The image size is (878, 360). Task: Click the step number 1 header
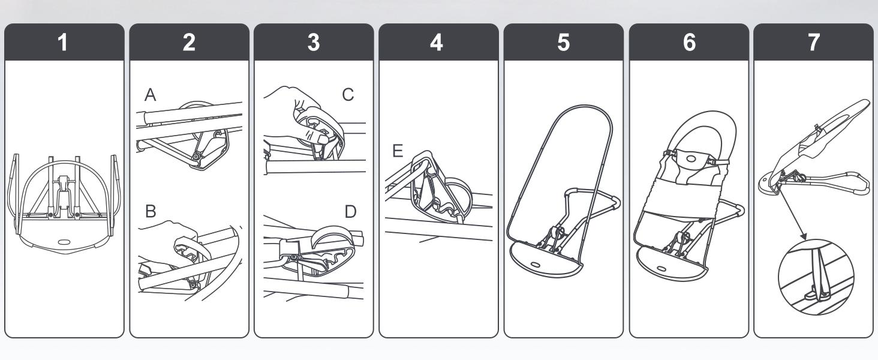click(x=63, y=43)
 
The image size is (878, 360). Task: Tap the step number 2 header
click(x=189, y=43)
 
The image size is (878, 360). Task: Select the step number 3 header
click(x=314, y=43)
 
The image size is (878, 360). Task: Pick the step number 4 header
click(x=437, y=43)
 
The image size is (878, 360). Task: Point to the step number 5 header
click(x=564, y=43)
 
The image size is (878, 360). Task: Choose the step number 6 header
click(x=690, y=43)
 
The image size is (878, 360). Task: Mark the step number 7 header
click(x=814, y=43)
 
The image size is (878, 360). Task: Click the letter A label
click(x=150, y=95)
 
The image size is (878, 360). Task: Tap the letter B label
click(x=151, y=211)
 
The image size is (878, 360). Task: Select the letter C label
click(x=348, y=95)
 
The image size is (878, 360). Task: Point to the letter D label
click(x=350, y=212)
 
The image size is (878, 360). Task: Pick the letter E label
click(x=398, y=151)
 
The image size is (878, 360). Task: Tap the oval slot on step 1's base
click(x=64, y=242)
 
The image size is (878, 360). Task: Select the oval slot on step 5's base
click(x=537, y=263)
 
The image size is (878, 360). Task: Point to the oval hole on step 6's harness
click(x=690, y=158)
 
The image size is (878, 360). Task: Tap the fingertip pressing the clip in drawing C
click(x=324, y=139)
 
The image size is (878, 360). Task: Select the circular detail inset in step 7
click(x=816, y=277)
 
